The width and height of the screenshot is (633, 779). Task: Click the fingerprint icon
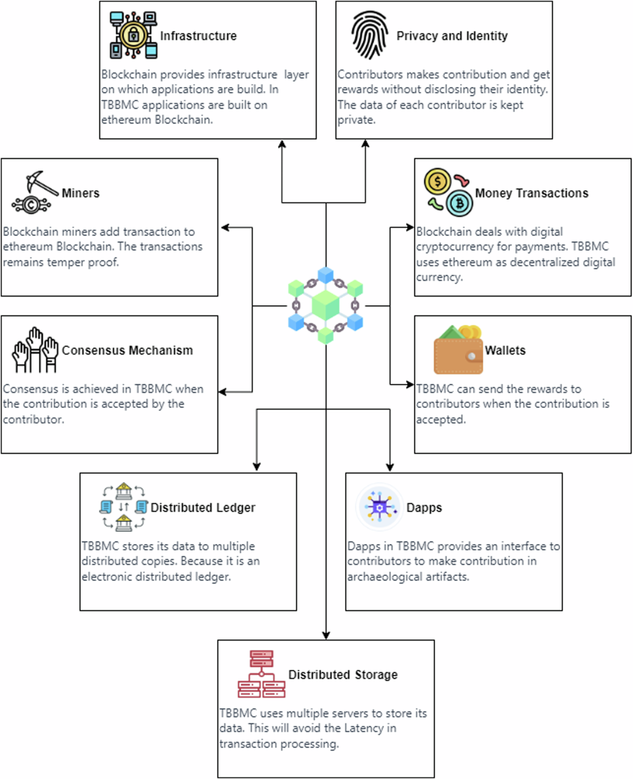coord(369,35)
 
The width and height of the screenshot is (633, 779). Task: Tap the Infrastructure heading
coord(198,36)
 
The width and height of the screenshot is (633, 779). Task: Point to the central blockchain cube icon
coord(325,306)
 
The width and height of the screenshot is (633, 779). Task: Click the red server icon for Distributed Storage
coord(261,674)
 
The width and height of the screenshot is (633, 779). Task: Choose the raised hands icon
coord(35,350)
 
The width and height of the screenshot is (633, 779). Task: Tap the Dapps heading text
coord(424,508)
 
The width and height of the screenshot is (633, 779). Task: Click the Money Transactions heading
coord(531,193)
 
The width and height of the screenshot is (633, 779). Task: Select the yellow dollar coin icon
coord(437,182)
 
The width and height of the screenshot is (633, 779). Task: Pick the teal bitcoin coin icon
coord(459,203)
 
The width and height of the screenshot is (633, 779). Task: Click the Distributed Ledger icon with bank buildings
coord(123,507)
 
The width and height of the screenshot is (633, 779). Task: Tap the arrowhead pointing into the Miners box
coord(225,228)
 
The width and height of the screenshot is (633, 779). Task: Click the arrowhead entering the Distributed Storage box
coord(326,635)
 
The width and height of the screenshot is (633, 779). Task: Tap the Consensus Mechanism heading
coord(127,350)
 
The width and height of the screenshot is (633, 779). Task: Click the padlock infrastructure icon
coord(133,35)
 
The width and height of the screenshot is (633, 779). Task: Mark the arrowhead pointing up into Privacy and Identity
coord(366,144)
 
